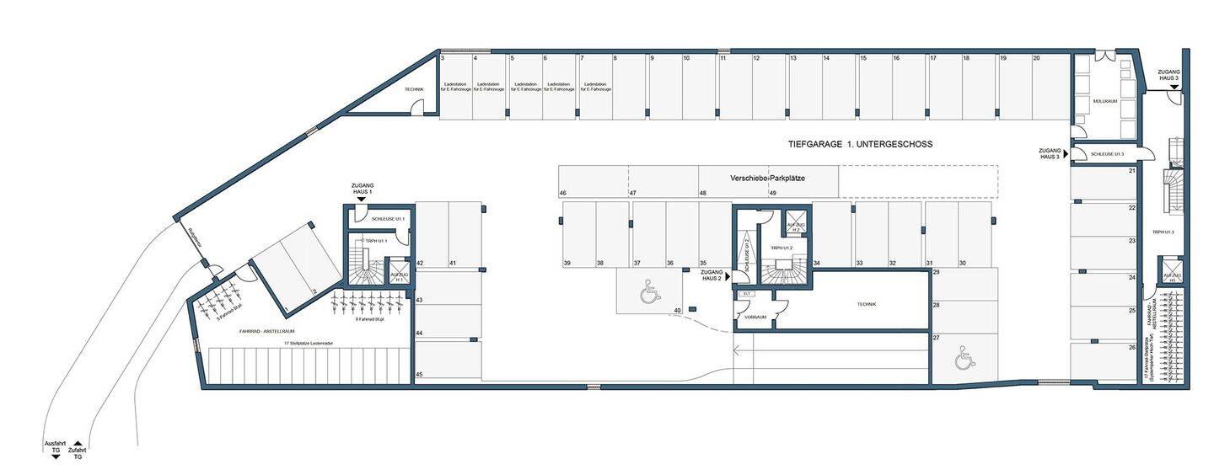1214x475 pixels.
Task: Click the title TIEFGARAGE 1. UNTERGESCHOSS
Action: [860, 145]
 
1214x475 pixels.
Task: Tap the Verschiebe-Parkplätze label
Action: [766, 179]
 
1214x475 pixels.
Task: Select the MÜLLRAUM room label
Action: [1104, 101]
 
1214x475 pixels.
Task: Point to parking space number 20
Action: [1036, 59]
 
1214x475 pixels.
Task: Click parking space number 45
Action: [419, 375]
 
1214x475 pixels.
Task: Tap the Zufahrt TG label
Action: [77, 447]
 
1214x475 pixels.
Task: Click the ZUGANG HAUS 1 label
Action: [363, 189]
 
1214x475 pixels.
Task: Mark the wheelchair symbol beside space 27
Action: [963, 360]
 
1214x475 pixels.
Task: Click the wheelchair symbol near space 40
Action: [649, 292]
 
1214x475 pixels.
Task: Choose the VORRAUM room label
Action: [755, 318]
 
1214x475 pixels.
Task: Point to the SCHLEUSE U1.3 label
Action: [1107, 154]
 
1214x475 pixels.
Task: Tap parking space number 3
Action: [443, 59]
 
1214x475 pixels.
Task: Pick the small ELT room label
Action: [745, 294]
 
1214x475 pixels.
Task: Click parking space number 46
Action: [562, 194]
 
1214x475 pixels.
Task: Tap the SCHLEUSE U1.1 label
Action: [388, 219]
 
